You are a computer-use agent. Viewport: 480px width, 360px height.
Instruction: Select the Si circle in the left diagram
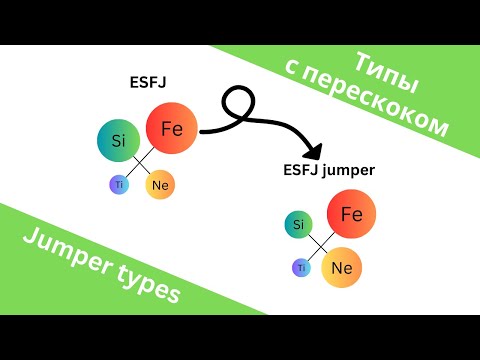pos(117,140)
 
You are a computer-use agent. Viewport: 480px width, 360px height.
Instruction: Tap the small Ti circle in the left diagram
pos(119,184)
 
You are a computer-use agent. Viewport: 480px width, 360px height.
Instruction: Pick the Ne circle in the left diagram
pos(160,184)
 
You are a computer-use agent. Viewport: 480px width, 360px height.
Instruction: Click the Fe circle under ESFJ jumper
pos(351,215)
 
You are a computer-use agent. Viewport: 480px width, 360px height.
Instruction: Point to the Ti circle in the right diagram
pos(299,268)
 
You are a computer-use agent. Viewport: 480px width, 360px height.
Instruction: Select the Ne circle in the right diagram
pos(340,267)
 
